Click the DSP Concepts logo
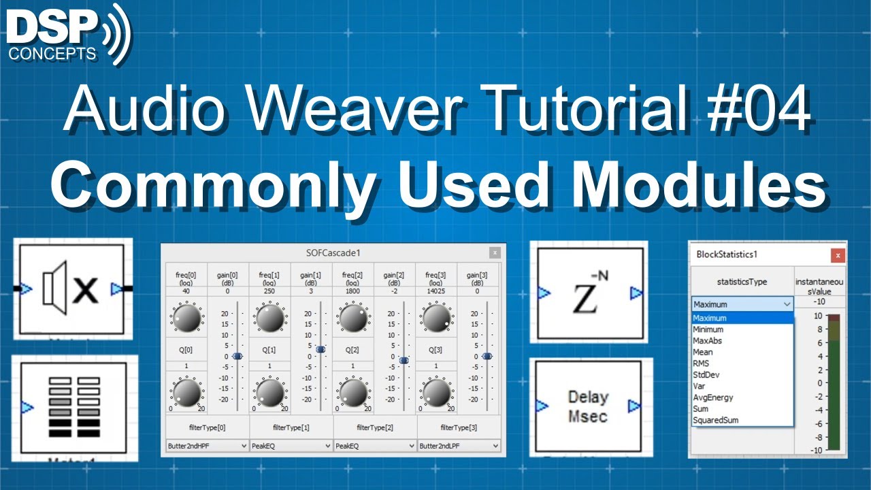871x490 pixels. (x=68, y=34)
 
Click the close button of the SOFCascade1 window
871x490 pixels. (x=495, y=252)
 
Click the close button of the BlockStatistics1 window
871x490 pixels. (x=838, y=255)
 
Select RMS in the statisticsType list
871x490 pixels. (x=701, y=363)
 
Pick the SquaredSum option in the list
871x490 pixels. (x=715, y=421)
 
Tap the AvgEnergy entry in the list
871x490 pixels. (x=712, y=397)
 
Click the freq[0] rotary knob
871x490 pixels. (x=187, y=318)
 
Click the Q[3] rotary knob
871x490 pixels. (x=436, y=393)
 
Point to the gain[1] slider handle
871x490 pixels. (x=321, y=349)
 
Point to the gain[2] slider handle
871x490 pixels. (x=404, y=360)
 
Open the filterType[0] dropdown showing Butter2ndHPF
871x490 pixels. (x=207, y=446)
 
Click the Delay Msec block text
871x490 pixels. (x=588, y=406)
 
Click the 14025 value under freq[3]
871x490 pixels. (x=436, y=291)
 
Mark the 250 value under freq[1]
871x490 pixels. (x=269, y=291)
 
